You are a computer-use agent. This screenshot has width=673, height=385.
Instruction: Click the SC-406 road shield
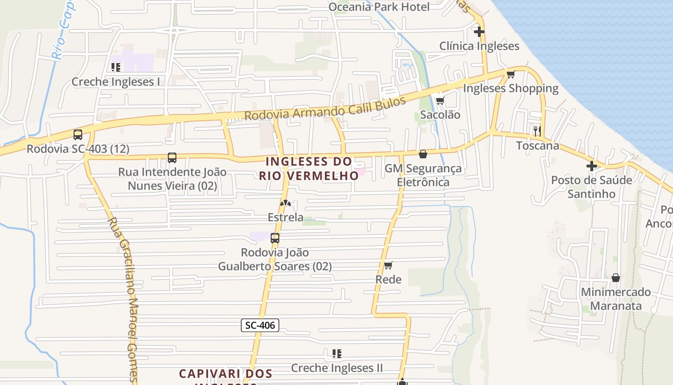coord(260,325)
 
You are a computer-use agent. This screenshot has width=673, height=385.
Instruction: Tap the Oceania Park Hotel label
coord(379,7)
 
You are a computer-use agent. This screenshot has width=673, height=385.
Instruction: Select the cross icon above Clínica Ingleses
coord(479,32)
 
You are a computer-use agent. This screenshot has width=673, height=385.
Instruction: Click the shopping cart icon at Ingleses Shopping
coord(511,74)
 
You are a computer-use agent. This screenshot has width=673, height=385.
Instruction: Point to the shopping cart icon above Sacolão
coord(440,101)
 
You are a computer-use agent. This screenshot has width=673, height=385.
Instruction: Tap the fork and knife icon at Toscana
coord(537,130)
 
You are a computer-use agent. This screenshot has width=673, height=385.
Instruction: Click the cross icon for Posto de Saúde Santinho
coord(591,166)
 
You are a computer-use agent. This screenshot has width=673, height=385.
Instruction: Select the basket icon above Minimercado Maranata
coord(616,278)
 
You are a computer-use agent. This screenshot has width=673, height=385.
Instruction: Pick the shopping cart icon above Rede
coord(388,265)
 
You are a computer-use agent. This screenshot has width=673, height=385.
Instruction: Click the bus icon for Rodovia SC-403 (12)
coord(78,135)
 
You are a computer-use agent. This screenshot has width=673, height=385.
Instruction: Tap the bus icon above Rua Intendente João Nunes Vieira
coord(172,157)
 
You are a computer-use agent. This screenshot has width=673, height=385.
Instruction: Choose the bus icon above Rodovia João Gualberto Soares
coord(275,238)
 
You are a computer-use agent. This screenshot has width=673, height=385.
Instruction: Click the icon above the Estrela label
coord(286,203)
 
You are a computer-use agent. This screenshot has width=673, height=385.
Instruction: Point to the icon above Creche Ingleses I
coord(115,67)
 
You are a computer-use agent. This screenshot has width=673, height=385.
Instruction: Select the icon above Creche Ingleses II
coord(337,354)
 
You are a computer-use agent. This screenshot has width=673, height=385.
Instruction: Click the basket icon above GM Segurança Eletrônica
coord(423,154)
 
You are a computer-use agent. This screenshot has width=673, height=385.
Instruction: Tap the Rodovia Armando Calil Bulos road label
coord(325,109)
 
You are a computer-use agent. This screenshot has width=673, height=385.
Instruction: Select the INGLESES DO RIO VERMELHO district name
coord(309,168)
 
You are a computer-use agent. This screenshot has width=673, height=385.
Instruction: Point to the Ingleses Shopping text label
coord(511,89)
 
